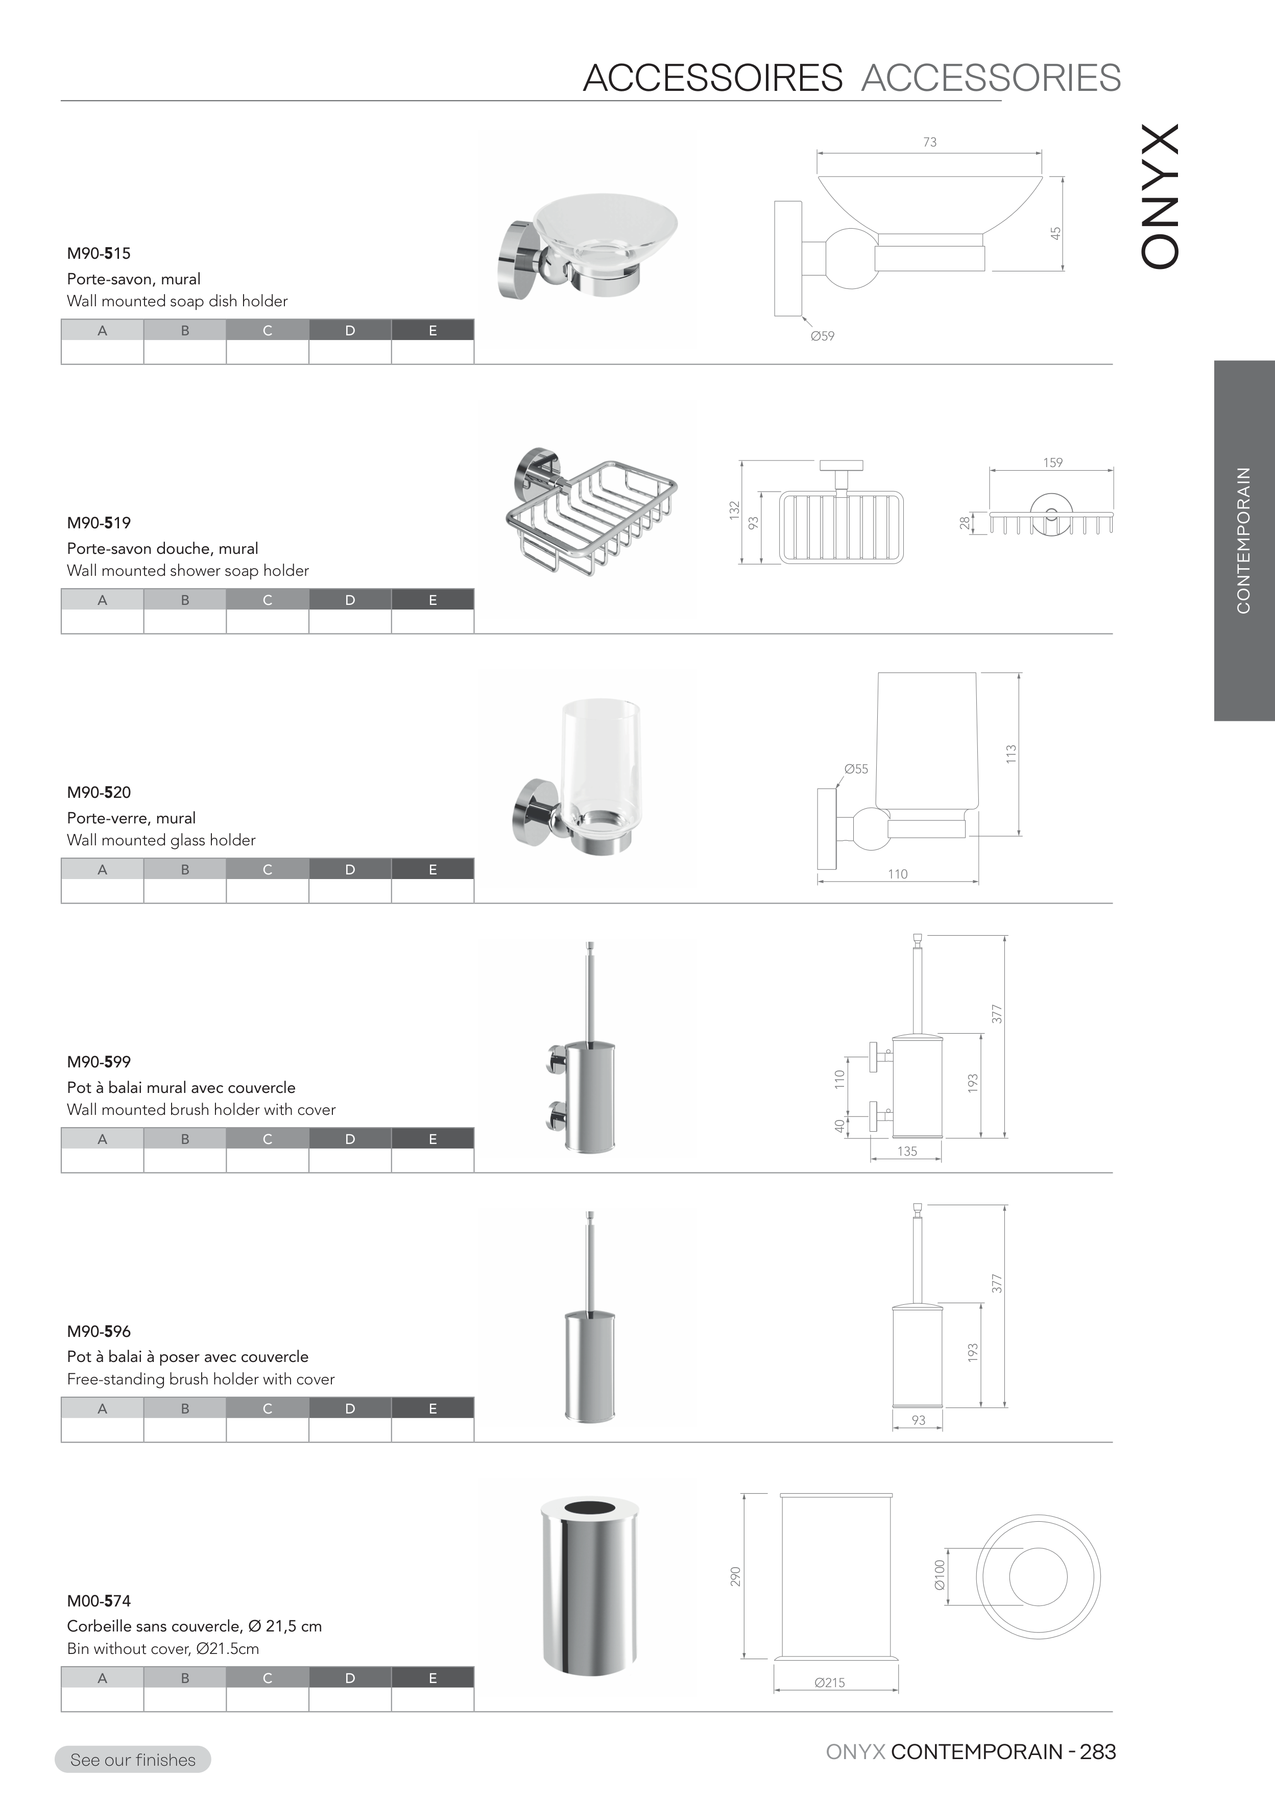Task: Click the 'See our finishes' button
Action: (133, 1759)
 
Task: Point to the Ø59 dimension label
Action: (823, 336)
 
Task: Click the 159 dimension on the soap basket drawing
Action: (1053, 462)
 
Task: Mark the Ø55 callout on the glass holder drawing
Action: (856, 769)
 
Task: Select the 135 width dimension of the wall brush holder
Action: (907, 1151)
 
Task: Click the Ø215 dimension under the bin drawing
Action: (830, 1683)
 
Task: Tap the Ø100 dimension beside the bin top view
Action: (940, 1575)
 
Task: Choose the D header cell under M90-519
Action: (350, 600)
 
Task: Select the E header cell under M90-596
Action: (433, 1409)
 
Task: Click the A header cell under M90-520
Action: (102, 869)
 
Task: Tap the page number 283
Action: (1098, 1752)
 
